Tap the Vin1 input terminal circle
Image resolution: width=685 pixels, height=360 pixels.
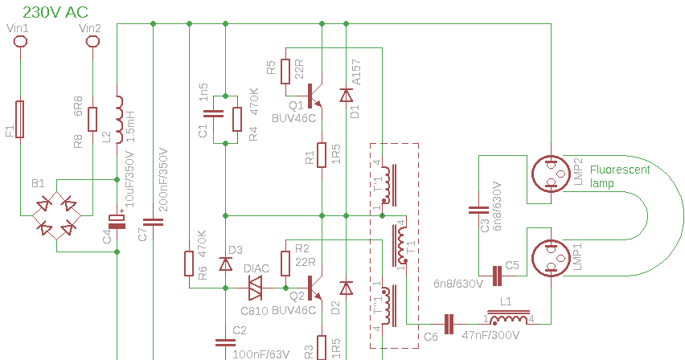coord(20,41)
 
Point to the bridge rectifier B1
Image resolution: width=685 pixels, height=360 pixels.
coord(57,215)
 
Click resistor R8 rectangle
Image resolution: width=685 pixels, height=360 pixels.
coord(93,119)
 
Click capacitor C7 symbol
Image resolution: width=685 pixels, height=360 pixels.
coord(153,221)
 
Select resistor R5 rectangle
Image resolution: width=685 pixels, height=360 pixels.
coord(285,71)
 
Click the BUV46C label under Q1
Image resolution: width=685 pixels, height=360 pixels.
coord(294,117)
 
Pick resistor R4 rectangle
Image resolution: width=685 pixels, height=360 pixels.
coord(237,119)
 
